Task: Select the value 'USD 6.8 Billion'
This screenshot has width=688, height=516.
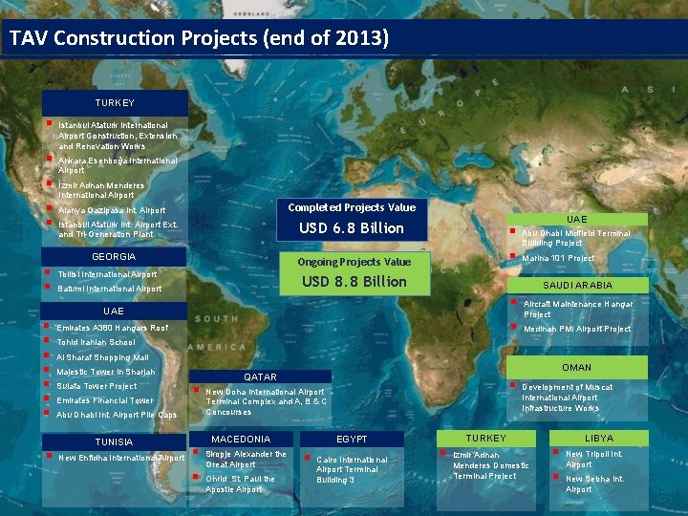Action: click(352, 227)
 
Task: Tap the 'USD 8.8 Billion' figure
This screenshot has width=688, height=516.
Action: click(354, 281)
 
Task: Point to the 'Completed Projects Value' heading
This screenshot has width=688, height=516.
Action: click(352, 207)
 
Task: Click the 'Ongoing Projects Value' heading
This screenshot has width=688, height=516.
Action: click(354, 262)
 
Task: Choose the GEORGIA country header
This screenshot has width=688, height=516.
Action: click(114, 257)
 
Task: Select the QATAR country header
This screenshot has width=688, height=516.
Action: click(260, 376)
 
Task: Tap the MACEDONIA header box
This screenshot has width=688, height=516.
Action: click(240, 439)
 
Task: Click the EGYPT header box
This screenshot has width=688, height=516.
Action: click(352, 439)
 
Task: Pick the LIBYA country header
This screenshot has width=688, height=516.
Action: click(599, 437)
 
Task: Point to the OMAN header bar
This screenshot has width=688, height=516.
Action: click(576, 367)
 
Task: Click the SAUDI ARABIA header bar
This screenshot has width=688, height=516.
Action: click(576, 285)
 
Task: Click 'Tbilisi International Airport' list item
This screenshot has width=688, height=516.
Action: click(107, 274)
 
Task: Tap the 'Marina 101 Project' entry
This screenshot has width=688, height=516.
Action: click(558, 258)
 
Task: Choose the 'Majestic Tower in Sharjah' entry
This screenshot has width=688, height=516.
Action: click(105, 372)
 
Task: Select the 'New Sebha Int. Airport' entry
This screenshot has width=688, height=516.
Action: click(593, 484)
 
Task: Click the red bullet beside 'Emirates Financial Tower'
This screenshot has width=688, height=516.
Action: click(48, 399)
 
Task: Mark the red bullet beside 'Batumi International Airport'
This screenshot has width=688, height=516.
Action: click(48, 287)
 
